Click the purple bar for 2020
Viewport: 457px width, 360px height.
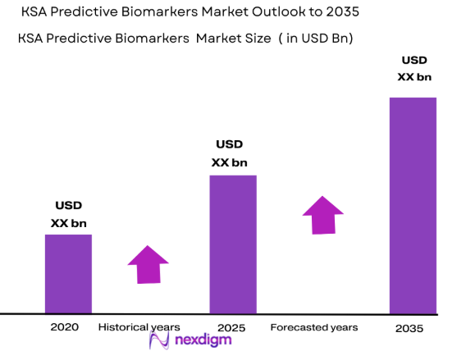[68, 274]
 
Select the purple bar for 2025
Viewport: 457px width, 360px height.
[233, 244]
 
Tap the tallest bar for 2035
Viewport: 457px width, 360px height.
[413, 205]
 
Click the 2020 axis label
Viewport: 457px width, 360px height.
[64, 327]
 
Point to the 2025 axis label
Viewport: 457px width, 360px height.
[232, 328]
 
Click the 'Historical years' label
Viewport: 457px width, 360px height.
[139, 327]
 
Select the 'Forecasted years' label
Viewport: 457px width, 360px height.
[313, 327]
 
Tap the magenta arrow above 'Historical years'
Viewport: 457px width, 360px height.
[148, 265]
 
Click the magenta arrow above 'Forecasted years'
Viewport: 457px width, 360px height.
[322, 214]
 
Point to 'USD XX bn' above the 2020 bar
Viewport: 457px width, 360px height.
[69, 213]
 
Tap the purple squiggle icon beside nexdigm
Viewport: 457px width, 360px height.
[158, 344]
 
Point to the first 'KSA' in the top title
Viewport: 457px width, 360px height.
[41, 15]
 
